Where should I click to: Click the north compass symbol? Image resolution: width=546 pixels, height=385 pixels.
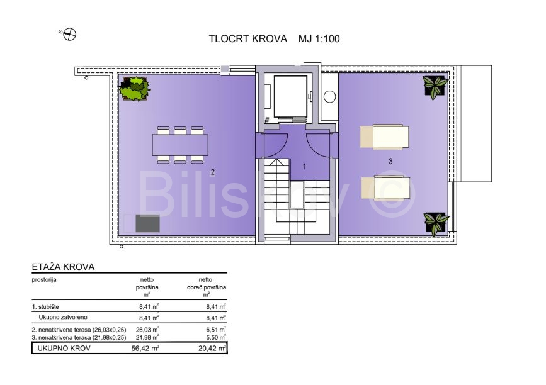(x=70, y=34)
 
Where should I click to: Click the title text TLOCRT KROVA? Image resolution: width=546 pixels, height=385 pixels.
(x=248, y=38)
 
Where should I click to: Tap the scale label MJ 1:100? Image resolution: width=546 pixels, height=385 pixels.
(x=319, y=38)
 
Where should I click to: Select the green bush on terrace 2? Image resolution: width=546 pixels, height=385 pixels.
(x=134, y=89)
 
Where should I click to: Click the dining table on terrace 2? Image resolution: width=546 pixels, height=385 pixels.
(x=180, y=145)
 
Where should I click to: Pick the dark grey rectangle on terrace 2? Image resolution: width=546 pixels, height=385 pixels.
(x=147, y=223)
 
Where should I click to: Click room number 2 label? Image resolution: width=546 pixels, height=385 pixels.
(x=213, y=172)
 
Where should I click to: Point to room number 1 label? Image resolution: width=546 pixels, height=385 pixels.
(x=304, y=167)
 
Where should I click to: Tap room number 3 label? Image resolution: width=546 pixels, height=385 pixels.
(x=390, y=162)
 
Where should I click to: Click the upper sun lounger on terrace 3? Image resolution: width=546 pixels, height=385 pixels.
(x=384, y=137)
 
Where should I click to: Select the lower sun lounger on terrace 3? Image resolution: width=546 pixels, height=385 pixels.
(x=385, y=188)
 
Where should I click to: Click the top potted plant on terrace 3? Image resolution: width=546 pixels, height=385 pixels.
(x=435, y=86)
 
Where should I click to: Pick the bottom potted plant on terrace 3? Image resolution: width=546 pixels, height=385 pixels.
(x=436, y=223)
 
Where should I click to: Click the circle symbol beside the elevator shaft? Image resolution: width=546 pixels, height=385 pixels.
(x=329, y=96)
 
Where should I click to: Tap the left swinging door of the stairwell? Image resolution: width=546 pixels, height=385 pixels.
(x=275, y=145)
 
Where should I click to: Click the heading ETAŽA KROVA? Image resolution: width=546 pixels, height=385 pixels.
(x=63, y=267)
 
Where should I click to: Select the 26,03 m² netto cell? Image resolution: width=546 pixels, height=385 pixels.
(x=149, y=330)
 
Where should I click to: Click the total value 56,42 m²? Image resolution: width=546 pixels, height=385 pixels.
(x=145, y=348)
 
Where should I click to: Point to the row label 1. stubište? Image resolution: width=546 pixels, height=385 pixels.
(x=45, y=307)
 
